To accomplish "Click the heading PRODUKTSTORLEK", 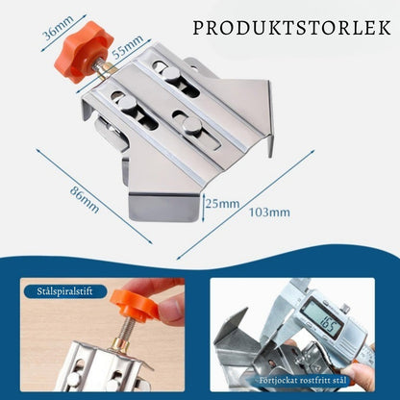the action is tap(291, 28).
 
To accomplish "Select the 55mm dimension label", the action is tap(128, 46).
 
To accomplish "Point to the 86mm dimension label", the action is tap(85, 200).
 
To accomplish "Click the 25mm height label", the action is tap(222, 204).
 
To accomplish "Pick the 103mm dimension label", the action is tap(269, 212).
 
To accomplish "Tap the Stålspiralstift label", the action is tap(64, 291).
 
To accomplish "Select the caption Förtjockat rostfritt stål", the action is tap(303, 381).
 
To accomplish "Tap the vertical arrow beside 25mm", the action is tap(204, 208).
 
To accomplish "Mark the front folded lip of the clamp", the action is tap(164, 209).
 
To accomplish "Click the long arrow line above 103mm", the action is tap(246, 205).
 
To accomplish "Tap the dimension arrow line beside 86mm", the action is tap(94, 196).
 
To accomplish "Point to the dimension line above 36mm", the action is tap(63, 32).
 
